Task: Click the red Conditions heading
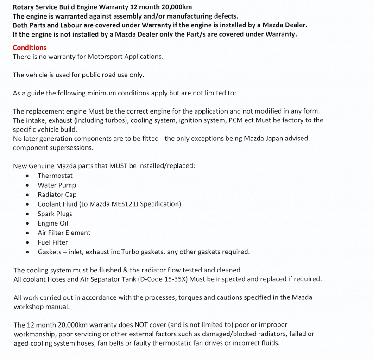pos(29,47)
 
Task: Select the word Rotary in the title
pos(25,7)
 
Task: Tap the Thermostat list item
pos(55,176)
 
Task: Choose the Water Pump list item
pos(57,185)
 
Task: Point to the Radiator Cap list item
pos(57,195)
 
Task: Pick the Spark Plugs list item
pos(55,214)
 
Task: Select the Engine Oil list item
pos(53,223)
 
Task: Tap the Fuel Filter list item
pos(53,242)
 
